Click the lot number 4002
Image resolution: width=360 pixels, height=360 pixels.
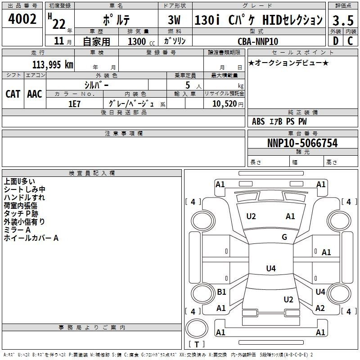(22, 19)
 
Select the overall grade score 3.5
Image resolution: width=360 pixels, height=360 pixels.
(343, 20)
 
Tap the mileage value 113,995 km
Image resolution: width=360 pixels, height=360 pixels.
(53, 65)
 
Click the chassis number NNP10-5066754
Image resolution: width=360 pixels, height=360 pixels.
(302, 143)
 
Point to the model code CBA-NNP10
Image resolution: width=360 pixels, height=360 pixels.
(258, 41)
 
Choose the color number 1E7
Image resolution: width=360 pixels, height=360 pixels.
(75, 104)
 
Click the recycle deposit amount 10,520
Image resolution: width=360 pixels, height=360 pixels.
(225, 104)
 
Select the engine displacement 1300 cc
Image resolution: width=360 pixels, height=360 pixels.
(141, 41)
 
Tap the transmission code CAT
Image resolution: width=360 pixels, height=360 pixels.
(13, 94)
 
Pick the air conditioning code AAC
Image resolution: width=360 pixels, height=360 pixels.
(35, 94)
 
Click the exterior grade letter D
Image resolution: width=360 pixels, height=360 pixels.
(336, 41)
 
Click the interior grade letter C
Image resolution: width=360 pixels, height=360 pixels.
(350, 41)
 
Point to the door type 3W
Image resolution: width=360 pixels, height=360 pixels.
(174, 20)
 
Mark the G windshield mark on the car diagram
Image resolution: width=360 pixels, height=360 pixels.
(284, 237)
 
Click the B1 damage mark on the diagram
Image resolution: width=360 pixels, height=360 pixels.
(221, 292)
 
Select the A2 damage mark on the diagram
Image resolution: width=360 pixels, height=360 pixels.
(320, 308)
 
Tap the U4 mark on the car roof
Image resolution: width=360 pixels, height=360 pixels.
(271, 268)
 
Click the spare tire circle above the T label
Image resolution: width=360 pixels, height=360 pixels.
(197, 328)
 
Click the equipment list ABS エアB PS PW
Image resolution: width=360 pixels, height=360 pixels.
(279, 121)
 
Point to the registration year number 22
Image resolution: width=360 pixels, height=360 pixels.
(59, 24)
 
